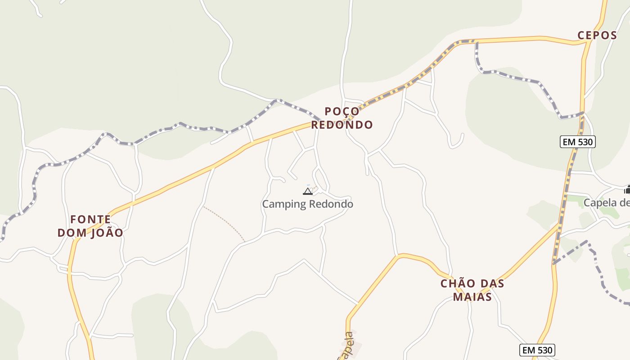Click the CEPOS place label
click(597, 36)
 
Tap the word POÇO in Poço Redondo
click(342, 111)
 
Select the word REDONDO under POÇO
click(342, 125)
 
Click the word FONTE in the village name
click(90, 220)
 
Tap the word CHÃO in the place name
click(458, 284)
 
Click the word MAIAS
click(472, 297)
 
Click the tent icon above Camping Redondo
click(308, 191)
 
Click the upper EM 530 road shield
click(578, 142)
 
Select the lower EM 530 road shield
click(537, 350)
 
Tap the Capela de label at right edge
click(606, 203)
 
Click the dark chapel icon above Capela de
click(627, 190)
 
